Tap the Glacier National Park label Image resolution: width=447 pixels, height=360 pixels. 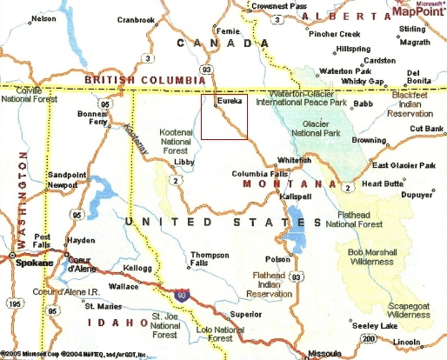pos(321,130)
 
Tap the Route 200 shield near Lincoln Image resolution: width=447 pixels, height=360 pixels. pos(369,337)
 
